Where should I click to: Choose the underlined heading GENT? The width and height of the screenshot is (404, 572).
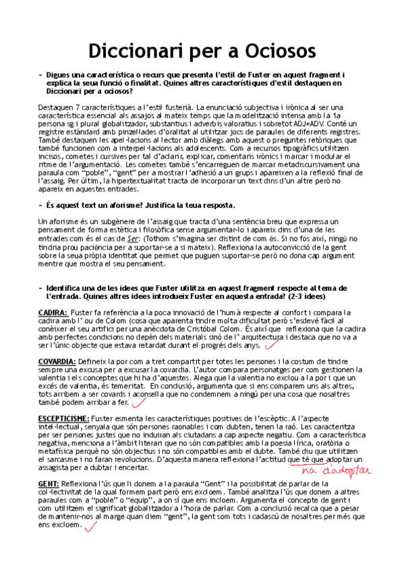[x=49, y=484]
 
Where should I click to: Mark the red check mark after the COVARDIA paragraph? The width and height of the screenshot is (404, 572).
[x=140, y=403]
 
